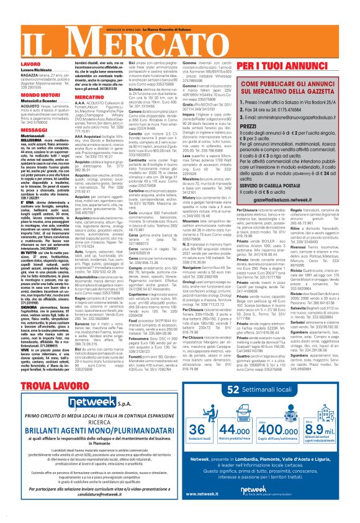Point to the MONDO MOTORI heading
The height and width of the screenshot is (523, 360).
[x=24, y=93]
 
